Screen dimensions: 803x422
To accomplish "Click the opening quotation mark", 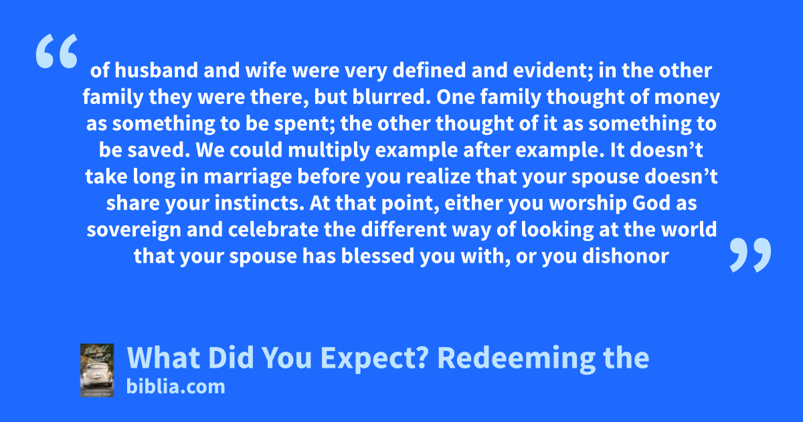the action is [57, 51].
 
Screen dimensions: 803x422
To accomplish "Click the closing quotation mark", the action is [750, 255].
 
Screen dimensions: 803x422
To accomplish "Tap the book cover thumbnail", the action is [97, 370].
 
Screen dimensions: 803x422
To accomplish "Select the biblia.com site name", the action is [175, 387].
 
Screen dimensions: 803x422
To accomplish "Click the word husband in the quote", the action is [156, 70].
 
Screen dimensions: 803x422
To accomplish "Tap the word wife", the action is [266, 70].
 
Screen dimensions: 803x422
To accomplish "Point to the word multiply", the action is [329, 151].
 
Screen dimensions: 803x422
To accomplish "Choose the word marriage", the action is [248, 178].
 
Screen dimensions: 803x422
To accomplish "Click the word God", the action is [651, 203].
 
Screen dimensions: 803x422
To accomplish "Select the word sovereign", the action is [134, 230].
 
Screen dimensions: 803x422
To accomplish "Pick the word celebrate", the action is [273, 230].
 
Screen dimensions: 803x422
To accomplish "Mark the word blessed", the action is [377, 256].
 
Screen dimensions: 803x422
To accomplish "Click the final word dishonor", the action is [626, 256].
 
